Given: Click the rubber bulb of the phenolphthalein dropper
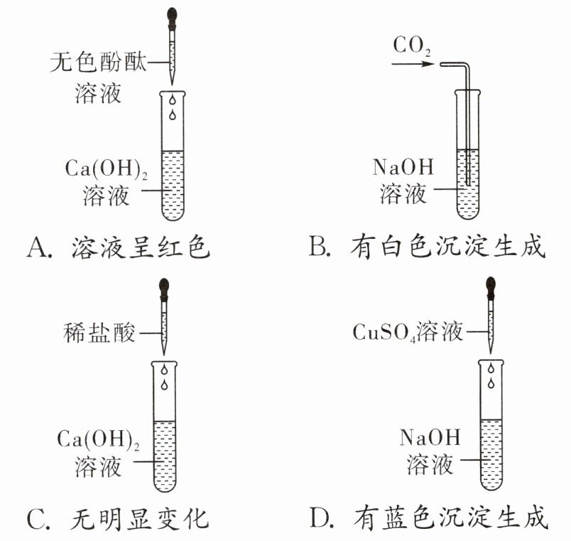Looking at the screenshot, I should click(172, 14).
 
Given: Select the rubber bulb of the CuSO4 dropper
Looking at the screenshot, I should click(490, 285).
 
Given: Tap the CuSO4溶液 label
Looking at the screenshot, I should click(408, 332).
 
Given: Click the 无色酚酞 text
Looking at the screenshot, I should click(98, 63).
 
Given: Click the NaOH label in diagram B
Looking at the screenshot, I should click(402, 168).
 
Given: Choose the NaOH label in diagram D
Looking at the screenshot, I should click(430, 437).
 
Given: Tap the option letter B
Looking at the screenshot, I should click(318, 248).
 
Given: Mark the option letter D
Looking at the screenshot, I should click(320, 518).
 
